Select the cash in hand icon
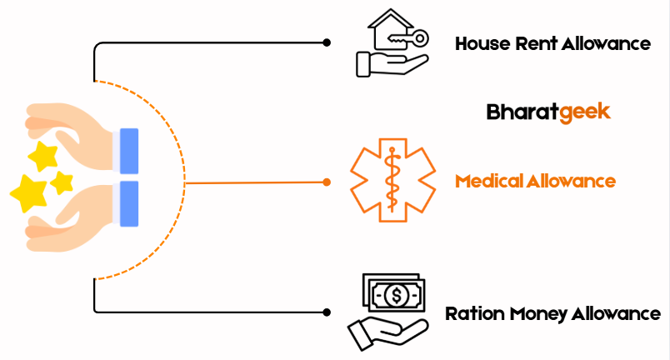pos(387,313)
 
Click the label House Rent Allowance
pos(552,43)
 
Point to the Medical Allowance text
pos(535,180)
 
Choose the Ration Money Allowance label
pos(552,314)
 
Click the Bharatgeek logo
pos(548,112)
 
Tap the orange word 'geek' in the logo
pos(585,112)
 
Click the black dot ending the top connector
pos(327,42)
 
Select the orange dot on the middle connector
pos(327,182)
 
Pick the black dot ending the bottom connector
pos(327,312)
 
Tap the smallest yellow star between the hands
pos(61,182)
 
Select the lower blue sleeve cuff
pos(128,203)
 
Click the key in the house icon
pos(410,38)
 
